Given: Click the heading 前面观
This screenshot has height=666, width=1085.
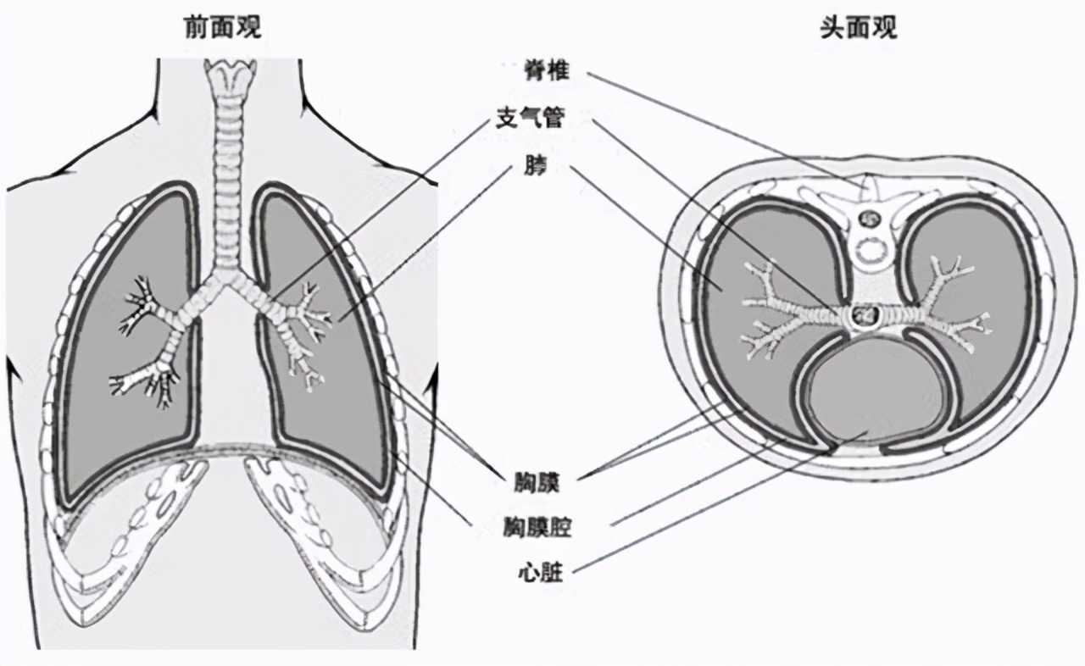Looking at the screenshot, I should [223, 28].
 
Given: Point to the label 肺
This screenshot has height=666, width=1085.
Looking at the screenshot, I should [536, 167].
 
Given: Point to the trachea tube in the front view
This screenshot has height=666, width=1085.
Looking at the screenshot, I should [225, 186].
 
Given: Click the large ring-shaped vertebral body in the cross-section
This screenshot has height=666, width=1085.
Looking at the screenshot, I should [868, 251].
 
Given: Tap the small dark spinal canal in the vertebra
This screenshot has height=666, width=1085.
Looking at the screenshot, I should [868, 219].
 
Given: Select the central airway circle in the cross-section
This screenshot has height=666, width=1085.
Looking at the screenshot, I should [865, 316].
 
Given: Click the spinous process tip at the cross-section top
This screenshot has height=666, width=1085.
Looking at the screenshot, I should [865, 180].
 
